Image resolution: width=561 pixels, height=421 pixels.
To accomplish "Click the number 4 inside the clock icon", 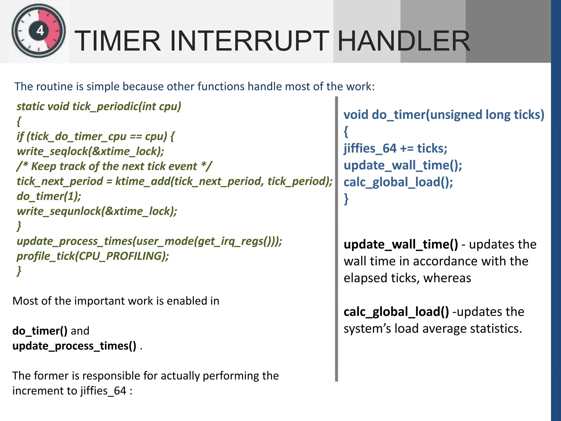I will pyautogui.click(x=40, y=30).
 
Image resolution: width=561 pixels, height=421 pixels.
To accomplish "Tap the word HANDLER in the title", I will pyautogui.click(x=404, y=41).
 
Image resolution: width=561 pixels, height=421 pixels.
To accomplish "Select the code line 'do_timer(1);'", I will pyautogui.click(x=49, y=196).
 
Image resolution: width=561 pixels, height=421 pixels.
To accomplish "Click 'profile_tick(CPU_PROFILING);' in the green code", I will pyautogui.click(x=93, y=256).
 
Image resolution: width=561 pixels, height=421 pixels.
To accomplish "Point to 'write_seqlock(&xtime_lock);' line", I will pyautogui.click(x=90, y=151).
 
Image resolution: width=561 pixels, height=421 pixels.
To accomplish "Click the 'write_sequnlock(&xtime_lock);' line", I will pyautogui.click(x=97, y=211).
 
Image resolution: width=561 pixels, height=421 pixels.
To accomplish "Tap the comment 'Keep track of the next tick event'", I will pyautogui.click(x=114, y=166).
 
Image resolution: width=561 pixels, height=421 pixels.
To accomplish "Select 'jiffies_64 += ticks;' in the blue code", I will pyautogui.click(x=395, y=149).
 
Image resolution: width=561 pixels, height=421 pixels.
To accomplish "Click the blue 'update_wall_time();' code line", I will pyautogui.click(x=403, y=165).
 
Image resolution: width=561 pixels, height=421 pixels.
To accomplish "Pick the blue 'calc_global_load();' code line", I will pyautogui.click(x=398, y=182).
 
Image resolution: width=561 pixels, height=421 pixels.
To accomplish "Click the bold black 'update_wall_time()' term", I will pyautogui.click(x=400, y=244).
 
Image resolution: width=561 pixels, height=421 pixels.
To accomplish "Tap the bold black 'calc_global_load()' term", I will pyautogui.click(x=396, y=312).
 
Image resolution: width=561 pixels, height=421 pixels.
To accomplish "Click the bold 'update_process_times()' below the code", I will pyautogui.click(x=74, y=346).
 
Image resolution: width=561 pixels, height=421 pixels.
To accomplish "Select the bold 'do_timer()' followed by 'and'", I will pyautogui.click(x=40, y=331).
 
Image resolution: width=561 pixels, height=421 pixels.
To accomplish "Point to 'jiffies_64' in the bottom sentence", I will pyautogui.click(x=103, y=391).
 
